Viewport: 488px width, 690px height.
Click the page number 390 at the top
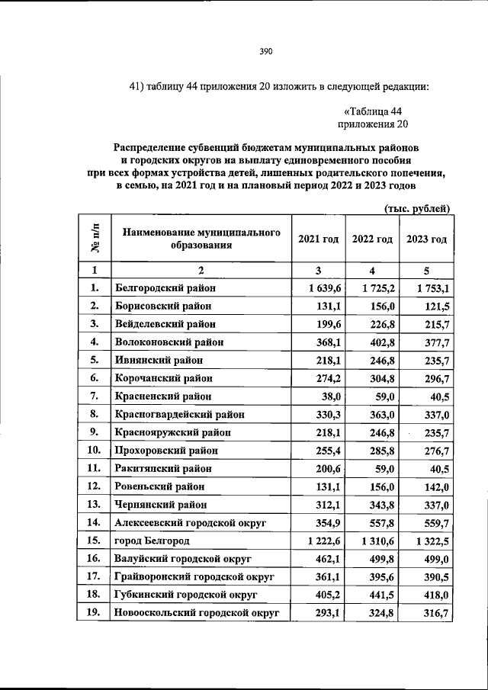(265, 52)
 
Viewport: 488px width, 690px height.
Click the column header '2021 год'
(318, 239)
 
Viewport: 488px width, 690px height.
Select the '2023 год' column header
(426, 239)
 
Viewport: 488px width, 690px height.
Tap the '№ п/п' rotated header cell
(95, 239)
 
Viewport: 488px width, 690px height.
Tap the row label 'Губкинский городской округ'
(185, 594)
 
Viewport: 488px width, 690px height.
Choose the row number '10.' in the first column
(95, 450)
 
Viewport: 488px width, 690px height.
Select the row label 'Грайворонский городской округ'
(194, 576)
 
